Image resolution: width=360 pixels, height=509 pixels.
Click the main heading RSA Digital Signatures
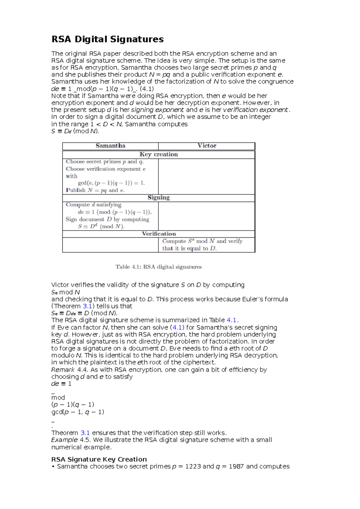pos(107,39)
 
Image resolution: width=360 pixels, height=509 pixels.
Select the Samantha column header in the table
pos(110,146)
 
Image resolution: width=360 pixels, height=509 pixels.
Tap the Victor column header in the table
pos(207,146)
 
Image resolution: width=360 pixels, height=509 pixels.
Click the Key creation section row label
pos(158,154)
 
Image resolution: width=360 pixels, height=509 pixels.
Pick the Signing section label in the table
pos(158,198)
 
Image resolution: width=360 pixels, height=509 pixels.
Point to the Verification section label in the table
pos(159,234)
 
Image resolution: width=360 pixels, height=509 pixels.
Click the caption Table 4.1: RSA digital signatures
pos(158,267)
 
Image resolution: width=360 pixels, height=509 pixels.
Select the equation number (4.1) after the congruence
pos(147,89)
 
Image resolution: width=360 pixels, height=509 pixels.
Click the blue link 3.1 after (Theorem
pos(87,306)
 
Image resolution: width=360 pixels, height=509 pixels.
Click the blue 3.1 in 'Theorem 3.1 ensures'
pos(85,433)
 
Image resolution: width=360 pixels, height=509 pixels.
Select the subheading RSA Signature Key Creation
pos(99,459)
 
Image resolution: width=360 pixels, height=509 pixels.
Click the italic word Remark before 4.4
pos(63,370)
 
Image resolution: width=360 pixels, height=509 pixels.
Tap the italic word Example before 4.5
pos(64,440)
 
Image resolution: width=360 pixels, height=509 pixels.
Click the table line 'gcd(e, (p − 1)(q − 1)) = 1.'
pos(111,183)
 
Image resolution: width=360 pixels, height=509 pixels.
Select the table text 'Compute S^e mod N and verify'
pos(202,241)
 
